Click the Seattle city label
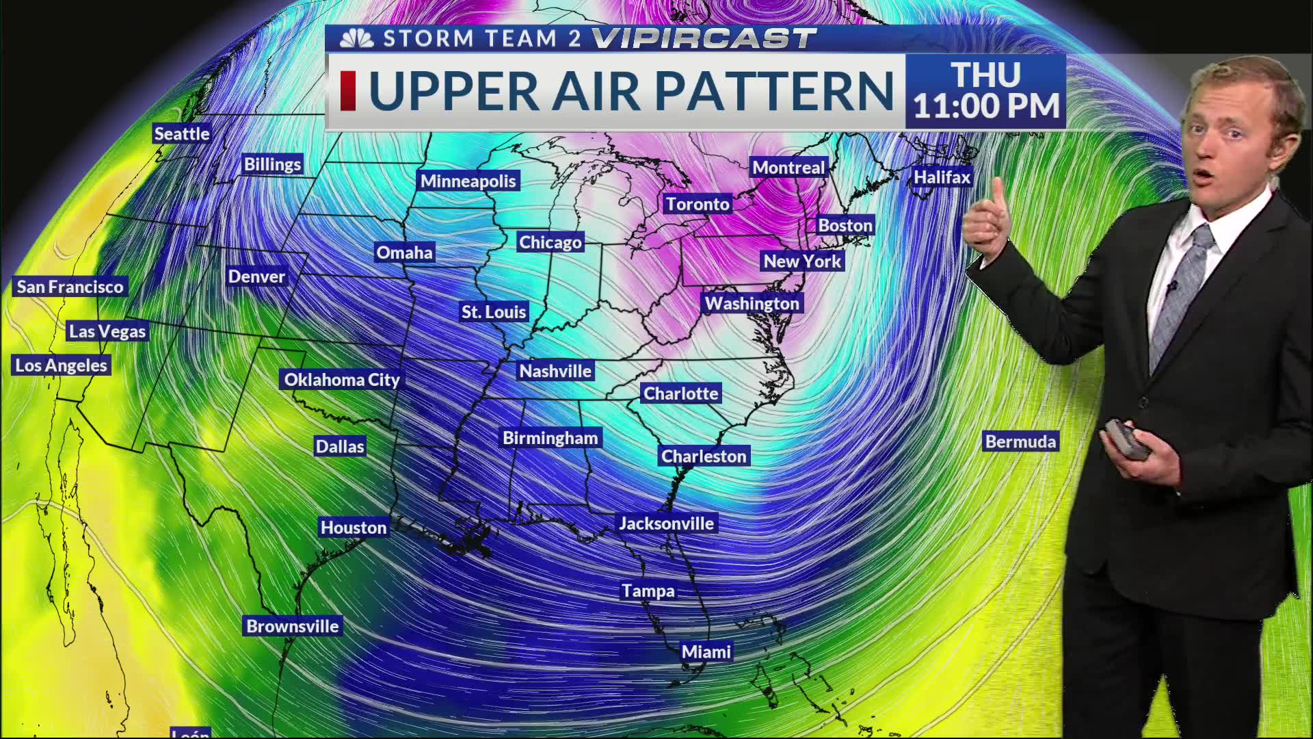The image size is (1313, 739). (x=181, y=133)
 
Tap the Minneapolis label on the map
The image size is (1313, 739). (x=468, y=181)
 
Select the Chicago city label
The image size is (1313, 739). (x=550, y=242)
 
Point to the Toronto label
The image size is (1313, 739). (x=698, y=204)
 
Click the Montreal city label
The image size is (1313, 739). (x=788, y=168)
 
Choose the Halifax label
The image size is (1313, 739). (x=942, y=177)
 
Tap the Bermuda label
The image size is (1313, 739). (x=1020, y=442)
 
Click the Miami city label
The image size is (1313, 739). (x=706, y=652)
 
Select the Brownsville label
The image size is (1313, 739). (x=292, y=626)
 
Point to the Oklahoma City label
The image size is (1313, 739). (x=342, y=380)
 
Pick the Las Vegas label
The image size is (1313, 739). (x=107, y=332)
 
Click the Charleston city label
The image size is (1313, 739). (x=704, y=456)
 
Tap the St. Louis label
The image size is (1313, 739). (x=493, y=312)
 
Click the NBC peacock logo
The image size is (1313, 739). (x=357, y=39)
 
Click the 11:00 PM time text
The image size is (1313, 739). (x=986, y=107)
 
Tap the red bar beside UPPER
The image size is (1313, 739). (x=347, y=91)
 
